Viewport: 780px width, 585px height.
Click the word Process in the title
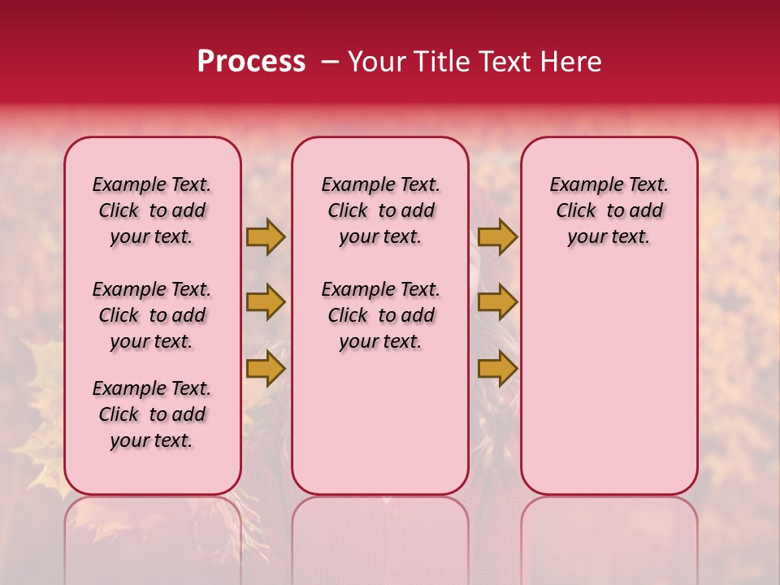[251, 62]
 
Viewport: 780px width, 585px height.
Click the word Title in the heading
[439, 62]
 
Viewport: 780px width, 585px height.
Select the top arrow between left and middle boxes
[266, 236]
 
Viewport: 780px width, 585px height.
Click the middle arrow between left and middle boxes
[266, 302]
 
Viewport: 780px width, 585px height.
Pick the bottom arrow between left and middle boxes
[266, 369]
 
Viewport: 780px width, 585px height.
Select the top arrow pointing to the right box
[497, 236]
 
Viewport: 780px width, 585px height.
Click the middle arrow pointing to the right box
[497, 302]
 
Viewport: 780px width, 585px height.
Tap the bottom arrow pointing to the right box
[497, 369]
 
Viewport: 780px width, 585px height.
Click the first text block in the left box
[152, 210]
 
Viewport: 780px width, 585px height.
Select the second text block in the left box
[152, 315]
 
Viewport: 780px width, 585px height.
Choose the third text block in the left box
[152, 414]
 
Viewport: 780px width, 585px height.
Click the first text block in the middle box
[380, 210]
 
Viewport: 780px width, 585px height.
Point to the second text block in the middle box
[380, 315]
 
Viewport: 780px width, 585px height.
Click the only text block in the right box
[609, 210]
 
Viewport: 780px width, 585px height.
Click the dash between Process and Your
[330, 62]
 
